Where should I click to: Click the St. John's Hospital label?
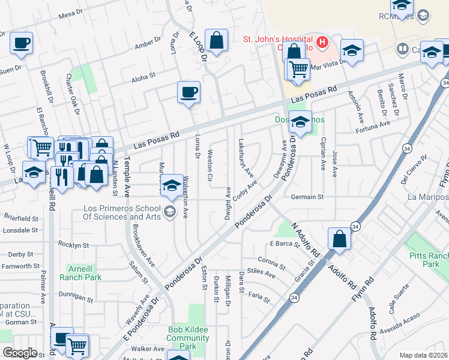point(277,40)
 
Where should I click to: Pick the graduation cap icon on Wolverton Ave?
point(172,185)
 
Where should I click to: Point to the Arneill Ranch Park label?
point(80,272)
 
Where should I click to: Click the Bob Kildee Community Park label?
point(188,338)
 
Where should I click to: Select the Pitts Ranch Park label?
point(427,259)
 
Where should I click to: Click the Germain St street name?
point(307,196)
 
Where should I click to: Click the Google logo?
point(20,353)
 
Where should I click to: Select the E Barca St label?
point(284,244)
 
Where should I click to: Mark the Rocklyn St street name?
point(73,245)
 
